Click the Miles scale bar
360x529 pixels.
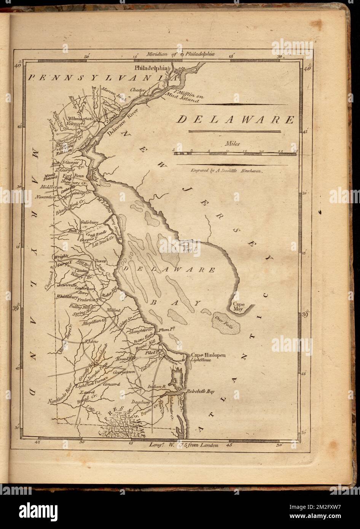(236, 154)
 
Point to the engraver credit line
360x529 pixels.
(227, 171)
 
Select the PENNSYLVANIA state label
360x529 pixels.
(103, 77)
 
